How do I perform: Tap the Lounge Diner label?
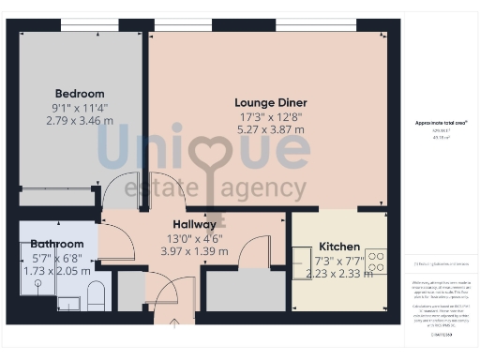(270, 103)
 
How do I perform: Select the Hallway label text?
(194, 225)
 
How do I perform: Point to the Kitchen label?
(338, 247)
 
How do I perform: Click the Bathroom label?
(56, 245)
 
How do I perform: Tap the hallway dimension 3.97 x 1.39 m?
(194, 252)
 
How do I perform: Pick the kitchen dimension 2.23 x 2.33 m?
(338, 273)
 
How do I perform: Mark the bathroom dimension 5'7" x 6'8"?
(56, 258)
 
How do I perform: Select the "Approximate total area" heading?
(441, 123)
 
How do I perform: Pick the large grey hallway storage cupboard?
(246, 291)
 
